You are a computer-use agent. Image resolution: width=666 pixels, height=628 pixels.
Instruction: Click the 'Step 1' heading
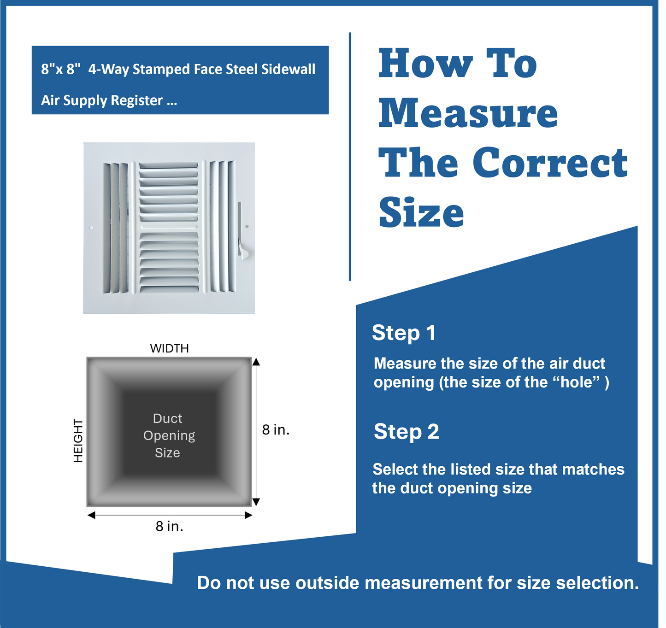click(404, 333)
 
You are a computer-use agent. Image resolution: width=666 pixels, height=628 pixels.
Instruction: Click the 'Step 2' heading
click(406, 432)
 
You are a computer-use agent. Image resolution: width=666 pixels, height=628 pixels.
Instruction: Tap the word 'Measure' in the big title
click(468, 113)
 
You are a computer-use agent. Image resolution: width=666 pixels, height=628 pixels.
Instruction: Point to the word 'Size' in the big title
click(421, 212)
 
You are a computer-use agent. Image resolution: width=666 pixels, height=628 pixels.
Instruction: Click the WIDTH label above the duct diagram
click(169, 348)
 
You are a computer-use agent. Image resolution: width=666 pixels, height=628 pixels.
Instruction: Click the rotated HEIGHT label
click(78, 440)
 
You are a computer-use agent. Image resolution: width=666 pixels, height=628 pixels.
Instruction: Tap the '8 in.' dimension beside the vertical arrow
click(276, 430)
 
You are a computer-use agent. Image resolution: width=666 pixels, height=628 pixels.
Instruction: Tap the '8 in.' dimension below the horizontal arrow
click(169, 526)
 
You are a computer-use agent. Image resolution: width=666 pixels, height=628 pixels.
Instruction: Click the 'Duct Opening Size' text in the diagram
click(169, 435)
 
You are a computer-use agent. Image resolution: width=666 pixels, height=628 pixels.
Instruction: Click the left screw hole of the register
click(91, 228)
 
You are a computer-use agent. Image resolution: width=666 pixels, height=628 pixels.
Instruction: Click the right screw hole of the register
click(247, 226)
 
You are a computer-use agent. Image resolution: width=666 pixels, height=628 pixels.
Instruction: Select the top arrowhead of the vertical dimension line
click(256, 362)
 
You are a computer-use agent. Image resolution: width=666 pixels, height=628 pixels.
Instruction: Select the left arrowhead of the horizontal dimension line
click(91, 515)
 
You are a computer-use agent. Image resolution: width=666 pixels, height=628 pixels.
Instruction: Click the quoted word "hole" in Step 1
click(576, 382)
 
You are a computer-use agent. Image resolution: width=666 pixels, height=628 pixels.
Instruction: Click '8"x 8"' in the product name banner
click(60, 69)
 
